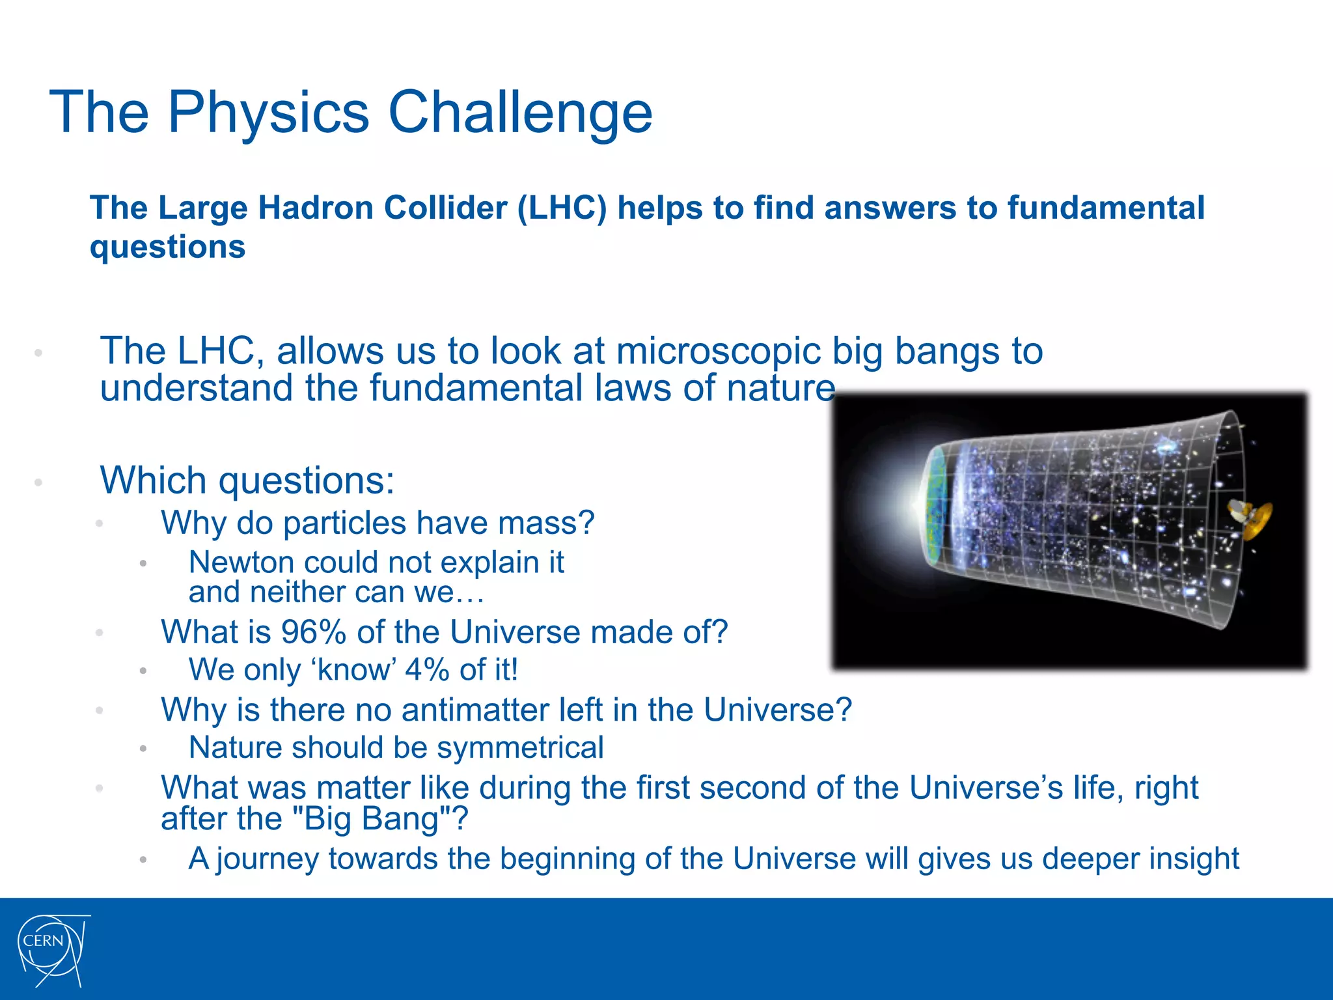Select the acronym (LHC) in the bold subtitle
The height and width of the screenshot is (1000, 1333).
point(562,208)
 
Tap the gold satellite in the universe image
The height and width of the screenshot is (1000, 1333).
point(1251,518)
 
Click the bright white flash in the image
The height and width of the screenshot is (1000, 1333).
point(911,505)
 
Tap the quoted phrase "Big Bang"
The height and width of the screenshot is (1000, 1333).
point(372,818)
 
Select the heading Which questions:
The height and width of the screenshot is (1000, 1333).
point(247,480)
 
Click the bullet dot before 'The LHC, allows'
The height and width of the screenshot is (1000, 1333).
point(38,353)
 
